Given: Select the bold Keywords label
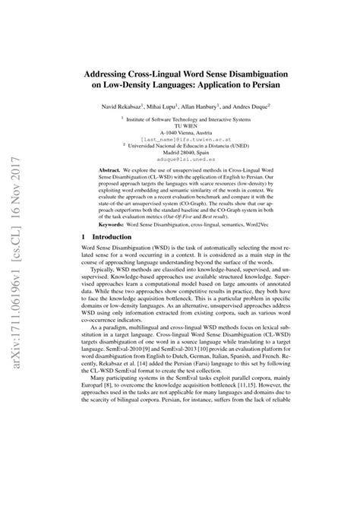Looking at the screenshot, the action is tap(123, 226).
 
